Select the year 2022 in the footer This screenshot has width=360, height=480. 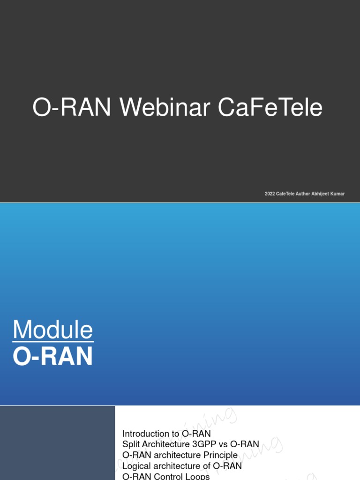point(270,194)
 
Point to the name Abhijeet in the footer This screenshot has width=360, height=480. point(321,194)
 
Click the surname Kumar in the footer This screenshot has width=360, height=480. point(338,194)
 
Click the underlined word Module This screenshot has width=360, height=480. point(52,330)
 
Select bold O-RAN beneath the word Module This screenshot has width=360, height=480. point(52,356)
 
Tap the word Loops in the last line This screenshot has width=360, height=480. point(199,476)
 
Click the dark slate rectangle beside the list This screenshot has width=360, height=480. point(57,443)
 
